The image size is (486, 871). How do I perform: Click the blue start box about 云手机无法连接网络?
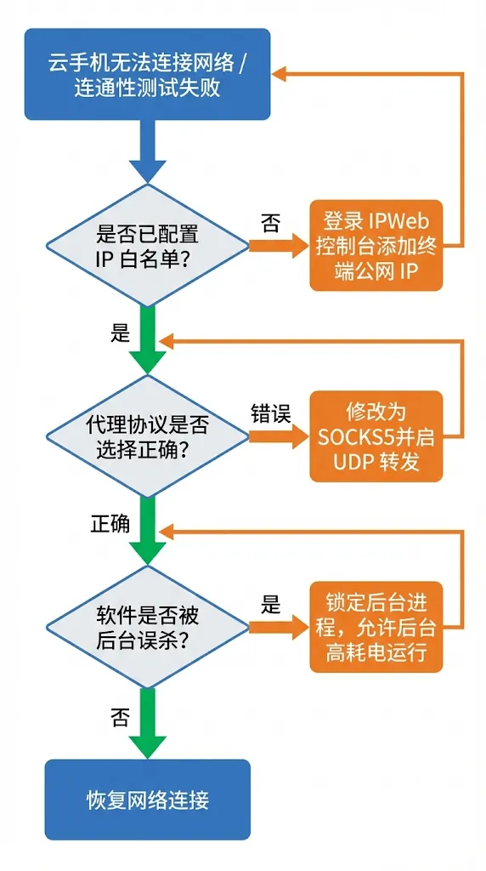click(147, 75)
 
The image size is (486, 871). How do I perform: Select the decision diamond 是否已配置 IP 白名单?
click(147, 245)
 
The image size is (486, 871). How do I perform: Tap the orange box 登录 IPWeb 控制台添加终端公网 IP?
click(376, 247)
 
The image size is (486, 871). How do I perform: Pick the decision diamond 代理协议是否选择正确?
click(147, 436)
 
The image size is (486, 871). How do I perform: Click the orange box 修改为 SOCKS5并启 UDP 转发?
click(376, 436)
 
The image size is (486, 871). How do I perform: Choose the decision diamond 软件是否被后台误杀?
click(147, 627)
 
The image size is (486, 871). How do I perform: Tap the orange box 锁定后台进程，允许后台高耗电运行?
click(376, 628)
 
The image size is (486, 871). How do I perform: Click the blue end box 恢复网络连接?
click(147, 800)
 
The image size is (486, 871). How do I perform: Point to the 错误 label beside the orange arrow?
click(270, 415)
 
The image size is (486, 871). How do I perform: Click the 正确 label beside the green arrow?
click(110, 523)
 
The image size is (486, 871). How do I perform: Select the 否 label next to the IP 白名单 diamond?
click(270, 224)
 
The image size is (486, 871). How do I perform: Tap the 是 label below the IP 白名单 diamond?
click(120, 333)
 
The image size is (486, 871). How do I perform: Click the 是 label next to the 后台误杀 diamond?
click(270, 606)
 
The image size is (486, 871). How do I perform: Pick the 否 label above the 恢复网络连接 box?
click(120, 717)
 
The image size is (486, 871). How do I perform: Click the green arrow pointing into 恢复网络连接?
click(147, 723)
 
